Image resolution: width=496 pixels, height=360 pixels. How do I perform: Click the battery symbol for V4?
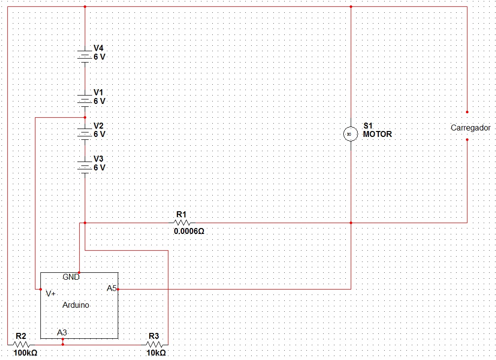pyautogui.click(x=85, y=56)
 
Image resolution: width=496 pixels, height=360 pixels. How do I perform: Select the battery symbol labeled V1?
pyautogui.click(x=85, y=100)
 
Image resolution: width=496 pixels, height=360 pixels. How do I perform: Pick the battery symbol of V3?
pyautogui.click(x=85, y=167)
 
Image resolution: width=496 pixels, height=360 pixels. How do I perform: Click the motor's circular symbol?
pyautogui.click(x=350, y=133)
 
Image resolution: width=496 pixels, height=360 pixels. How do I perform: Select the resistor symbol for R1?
pyautogui.click(x=181, y=223)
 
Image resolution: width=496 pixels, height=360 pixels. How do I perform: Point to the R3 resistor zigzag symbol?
pyautogui.click(x=154, y=344)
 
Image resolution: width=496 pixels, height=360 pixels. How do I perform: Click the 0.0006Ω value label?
pyautogui.click(x=189, y=230)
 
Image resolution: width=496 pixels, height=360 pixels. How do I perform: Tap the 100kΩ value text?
pyautogui.click(x=25, y=353)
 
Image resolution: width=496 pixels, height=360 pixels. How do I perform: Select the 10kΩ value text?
pyautogui.click(x=156, y=353)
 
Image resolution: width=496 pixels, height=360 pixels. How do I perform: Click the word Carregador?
pyautogui.click(x=470, y=128)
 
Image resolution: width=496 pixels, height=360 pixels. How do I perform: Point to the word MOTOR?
pyautogui.click(x=377, y=134)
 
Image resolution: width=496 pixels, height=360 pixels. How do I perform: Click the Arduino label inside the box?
pyautogui.click(x=76, y=305)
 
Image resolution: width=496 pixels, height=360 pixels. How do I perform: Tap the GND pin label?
pyautogui.click(x=71, y=277)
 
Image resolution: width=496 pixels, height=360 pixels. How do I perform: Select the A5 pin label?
pyautogui.click(x=112, y=288)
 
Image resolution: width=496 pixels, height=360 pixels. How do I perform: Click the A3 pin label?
pyautogui.click(x=62, y=332)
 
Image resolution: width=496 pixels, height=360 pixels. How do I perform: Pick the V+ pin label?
pyautogui.click(x=50, y=293)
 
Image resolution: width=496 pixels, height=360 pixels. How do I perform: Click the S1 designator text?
pyautogui.click(x=368, y=126)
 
